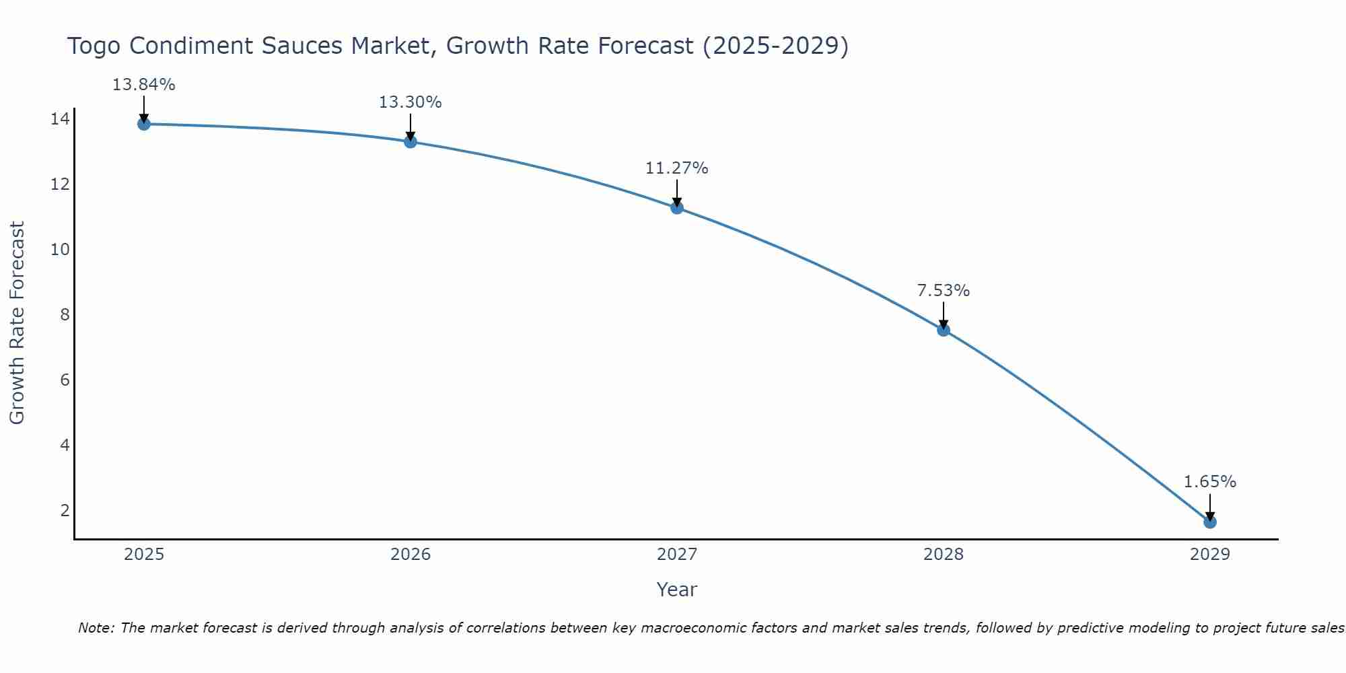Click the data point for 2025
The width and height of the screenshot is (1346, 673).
tap(143, 124)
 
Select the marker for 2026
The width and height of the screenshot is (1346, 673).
tap(411, 141)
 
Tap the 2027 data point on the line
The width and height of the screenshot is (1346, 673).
tap(677, 207)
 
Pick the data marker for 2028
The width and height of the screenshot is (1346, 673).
tap(944, 330)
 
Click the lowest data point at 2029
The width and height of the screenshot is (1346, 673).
tap(1210, 522)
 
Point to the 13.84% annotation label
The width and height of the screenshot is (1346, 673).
tap(143, 85)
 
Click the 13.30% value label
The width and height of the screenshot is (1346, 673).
tap(410, 102)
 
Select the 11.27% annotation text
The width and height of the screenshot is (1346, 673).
tap(676, 168)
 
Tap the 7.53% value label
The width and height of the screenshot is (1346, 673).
tap(943, 291)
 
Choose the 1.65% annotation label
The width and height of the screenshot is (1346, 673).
tap(1209, 482)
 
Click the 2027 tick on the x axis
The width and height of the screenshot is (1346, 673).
tap(677, 555)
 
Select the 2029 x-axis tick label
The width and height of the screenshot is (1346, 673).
tap(1210, 555)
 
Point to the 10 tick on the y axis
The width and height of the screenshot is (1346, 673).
tap(60, 250)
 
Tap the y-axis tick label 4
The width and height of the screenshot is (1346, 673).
tap(65, 445)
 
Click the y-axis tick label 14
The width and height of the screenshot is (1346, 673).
tap(60, 119)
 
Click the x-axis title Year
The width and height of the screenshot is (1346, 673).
tap(676, 590)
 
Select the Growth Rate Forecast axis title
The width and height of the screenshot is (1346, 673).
tap(17, 323)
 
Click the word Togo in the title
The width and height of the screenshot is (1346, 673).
tap(94, 46)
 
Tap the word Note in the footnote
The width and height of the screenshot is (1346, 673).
tap(96, 628)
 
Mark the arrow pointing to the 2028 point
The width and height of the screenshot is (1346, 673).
tap(944, 315)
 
